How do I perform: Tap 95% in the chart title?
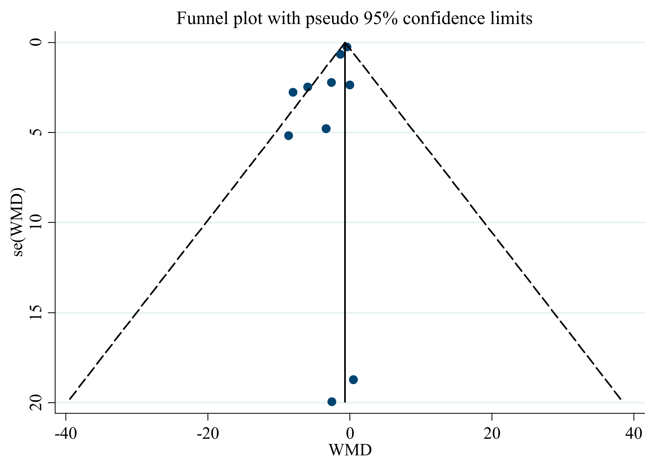(x=381, y=18)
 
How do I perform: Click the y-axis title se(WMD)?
(x=18, y=222)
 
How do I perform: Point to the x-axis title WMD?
(x=350, y=450)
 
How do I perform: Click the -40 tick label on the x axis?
(x=66, y=434)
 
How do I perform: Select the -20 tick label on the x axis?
(x=208, y=434)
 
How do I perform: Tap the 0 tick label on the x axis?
(x=350, y=434)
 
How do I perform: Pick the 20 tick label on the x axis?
(x=492, y=434)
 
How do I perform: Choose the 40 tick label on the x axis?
(x=634, y=434)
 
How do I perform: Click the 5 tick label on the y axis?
(x=36, y=132)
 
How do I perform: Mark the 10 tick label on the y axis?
(x=36, y=222)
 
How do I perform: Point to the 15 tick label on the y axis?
(x=36, y=312)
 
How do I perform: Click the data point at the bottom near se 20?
(x=332, y=402)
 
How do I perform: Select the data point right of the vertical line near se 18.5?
(x=354, y=380)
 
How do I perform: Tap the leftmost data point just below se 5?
(x=288, y=135)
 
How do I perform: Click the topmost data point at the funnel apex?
(x=347, y=47)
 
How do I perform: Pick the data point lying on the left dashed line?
(x=308, y=87)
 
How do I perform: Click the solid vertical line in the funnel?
(x=345, y=222)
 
